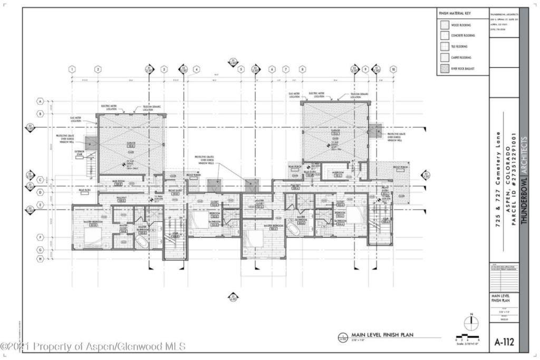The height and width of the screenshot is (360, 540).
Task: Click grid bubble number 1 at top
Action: click(72, 69)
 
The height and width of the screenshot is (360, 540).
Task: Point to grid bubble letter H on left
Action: click(40, 258)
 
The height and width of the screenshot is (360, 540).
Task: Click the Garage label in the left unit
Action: click(130, 143)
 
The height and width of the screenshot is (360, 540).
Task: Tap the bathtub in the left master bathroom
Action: click(142, 242)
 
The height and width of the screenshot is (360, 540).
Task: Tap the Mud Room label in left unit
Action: click(118, 181)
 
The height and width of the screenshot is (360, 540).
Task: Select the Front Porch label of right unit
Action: click(400, 167)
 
